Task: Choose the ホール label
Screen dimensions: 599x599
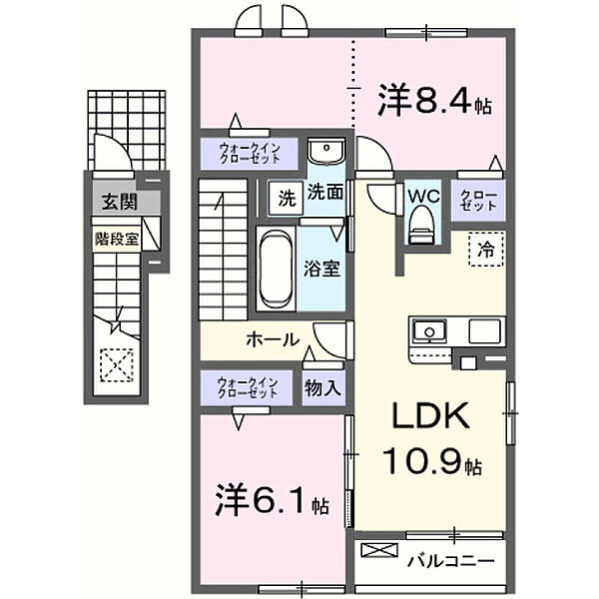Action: (x=272, y=339)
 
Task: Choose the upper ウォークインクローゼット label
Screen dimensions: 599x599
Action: (x=248, y=154)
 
